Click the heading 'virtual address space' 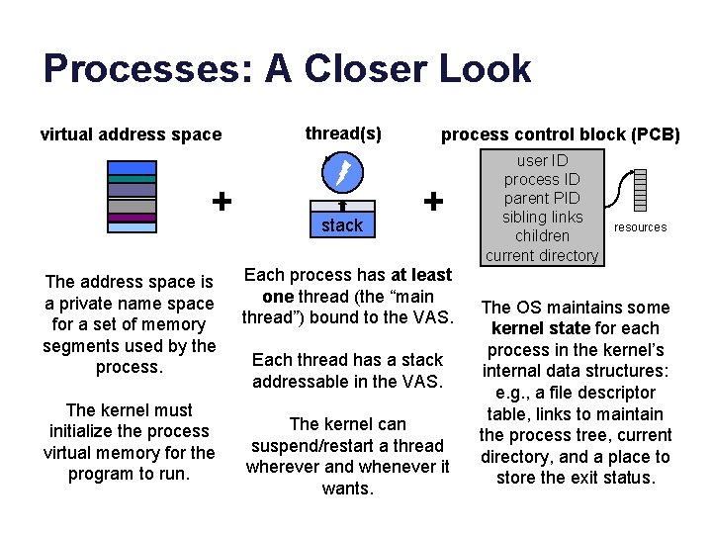131,134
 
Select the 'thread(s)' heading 343,133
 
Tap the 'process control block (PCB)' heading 560,134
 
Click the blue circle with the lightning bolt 342,174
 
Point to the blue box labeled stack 342,224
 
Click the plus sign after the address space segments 222,201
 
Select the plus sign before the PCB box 432,201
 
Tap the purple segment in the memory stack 132,218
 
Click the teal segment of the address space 132,179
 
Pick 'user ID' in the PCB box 542,160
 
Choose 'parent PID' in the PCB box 542,198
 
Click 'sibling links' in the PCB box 542,217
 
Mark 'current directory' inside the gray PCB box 542,255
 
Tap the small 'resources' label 640,227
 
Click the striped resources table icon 640,189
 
